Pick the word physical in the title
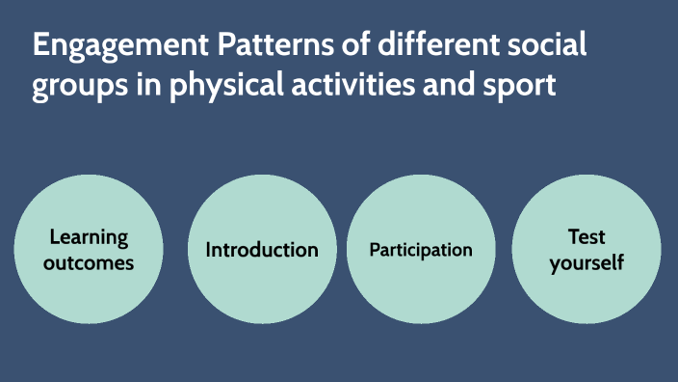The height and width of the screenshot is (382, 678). click(x=217, y=88)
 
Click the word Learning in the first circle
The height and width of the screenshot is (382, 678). click(x=89, y=237)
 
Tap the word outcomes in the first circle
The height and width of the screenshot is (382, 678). click(x=89, y=261)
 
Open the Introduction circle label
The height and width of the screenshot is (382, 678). click(x=262, y=250)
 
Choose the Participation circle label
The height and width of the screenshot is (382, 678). click(x=421, y=250)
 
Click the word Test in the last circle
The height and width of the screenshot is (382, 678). click(x=587, y=237)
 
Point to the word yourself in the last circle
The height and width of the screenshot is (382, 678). click(x=587, y=261)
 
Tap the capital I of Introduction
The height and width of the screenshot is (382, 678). click(x=209, y=250)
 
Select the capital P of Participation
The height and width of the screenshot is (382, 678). click(x=375, y=250)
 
